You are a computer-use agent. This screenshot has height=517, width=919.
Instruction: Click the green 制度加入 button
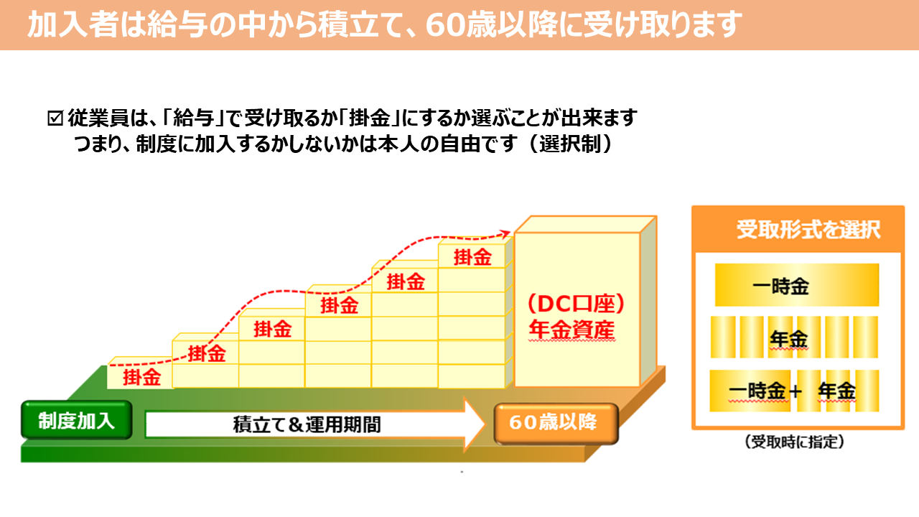click(x=76, y=421)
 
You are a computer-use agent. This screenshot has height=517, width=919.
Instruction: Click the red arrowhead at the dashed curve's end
click(x=507, y=232)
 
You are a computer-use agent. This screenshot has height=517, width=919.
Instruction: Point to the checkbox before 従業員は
click(x=55, y=117)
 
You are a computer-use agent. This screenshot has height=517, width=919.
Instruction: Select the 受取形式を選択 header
click(x=808, y=230)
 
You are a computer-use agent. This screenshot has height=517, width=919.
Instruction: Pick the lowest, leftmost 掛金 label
click(x=141, y=377)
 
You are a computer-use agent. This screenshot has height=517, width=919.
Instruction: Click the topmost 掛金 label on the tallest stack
click(x=473, y=257)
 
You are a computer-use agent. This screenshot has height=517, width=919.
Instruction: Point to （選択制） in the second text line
click(x=569, y=142)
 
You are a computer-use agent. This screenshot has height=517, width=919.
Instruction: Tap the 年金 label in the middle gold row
click(x=788, y=337)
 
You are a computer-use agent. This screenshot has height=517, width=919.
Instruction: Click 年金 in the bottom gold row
click(x=836, y=391)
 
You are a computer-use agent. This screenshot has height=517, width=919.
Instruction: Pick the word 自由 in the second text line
click(x=459, y=142)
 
